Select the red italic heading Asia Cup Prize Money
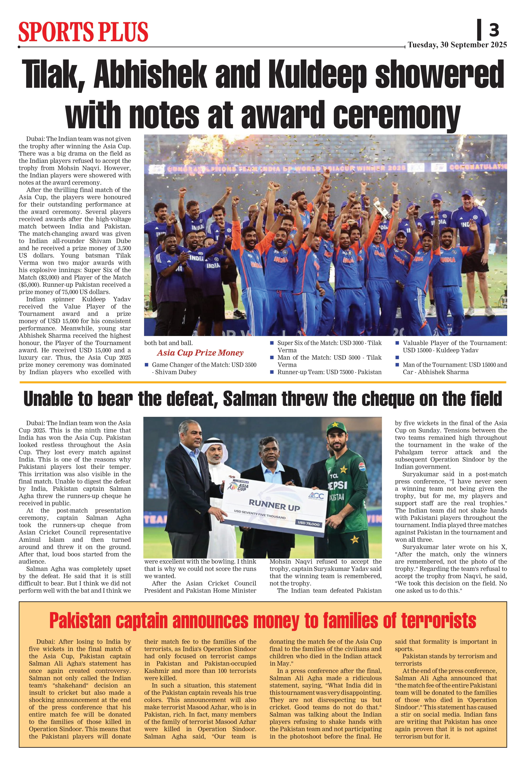tap(200, 353)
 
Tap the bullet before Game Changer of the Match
tap(146, 365)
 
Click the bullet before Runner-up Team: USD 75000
tap(272, 372)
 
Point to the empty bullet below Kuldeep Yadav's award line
tap(397, 357)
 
